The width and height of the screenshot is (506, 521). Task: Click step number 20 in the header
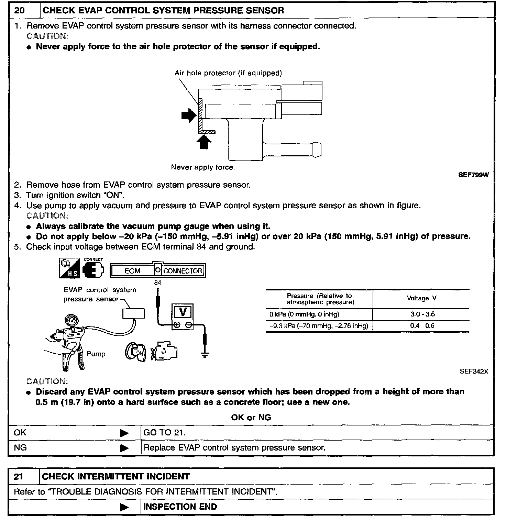(20, 10)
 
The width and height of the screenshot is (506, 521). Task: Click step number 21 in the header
(19, 476)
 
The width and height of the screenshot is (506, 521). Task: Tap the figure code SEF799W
(473, 175)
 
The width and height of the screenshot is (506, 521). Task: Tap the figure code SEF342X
(474, 372)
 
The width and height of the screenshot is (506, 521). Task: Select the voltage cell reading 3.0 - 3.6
(422, 314)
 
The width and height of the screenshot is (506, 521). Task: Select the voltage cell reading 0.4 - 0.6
(422, 325)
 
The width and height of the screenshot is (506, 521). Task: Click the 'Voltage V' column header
(421, 298)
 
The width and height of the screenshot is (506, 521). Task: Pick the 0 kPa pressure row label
(304, 314)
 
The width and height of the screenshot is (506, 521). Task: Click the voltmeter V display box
(183, 312)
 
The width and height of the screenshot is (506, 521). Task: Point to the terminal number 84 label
(157, 283)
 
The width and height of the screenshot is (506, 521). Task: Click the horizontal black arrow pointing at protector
(188, 116)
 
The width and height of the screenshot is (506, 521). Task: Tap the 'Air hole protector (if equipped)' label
(228, 73)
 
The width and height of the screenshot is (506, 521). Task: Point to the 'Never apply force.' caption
(203, 167)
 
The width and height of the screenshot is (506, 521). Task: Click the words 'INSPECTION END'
(180, 507)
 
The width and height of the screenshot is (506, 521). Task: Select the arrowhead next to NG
(124, 448)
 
